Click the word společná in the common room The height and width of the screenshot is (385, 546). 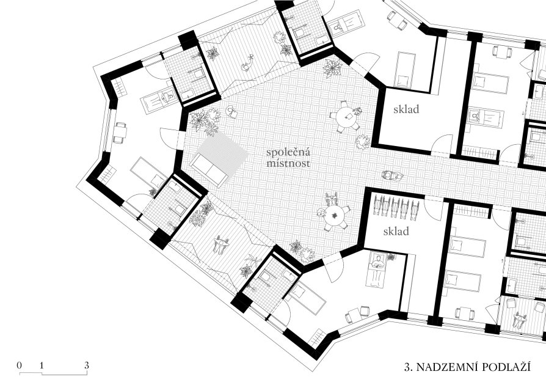pos(288,152)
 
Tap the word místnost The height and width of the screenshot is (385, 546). pos(288,163)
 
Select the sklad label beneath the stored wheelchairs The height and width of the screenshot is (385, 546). pos(396,232)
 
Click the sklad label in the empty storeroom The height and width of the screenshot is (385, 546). pos(406,109)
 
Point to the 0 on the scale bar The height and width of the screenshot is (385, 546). pos(19,365)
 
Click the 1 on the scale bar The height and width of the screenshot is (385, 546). pos(42,365)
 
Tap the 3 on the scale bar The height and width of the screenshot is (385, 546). pos(86,365)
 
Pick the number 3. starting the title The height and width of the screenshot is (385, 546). pos(409,367)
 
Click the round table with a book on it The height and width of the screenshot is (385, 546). pos(346,116)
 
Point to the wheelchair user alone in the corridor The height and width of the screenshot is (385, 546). pos(392,175)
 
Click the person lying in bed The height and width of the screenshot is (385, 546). pos(376,264)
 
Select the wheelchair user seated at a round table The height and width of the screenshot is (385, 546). pos(332,200)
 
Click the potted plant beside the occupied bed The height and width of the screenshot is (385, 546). pos(391,257)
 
